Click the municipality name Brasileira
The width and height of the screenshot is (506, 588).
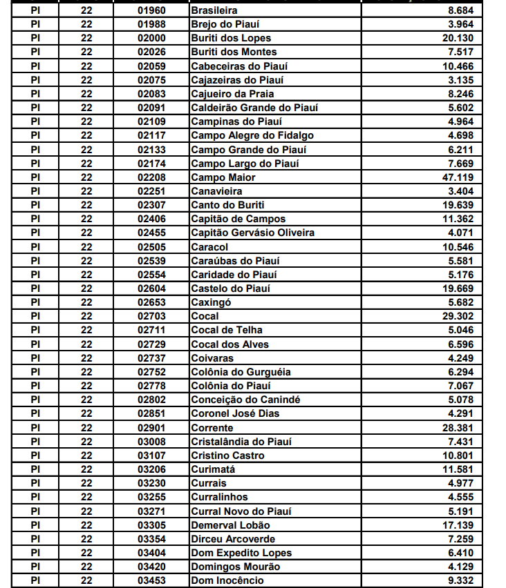(214, 10)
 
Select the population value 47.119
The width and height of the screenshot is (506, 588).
(458, 177)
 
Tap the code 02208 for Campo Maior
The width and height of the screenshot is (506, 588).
(151, 177)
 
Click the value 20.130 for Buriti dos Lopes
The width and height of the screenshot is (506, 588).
(458, 38)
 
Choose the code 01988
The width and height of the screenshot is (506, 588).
(151, 24)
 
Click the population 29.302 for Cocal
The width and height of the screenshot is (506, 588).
(458, 316)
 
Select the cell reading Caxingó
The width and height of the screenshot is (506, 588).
(211, 302)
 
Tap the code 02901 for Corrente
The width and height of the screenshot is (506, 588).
(151, 428)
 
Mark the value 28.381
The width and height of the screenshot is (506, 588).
(458, 428)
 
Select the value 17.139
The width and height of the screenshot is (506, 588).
(458, 525)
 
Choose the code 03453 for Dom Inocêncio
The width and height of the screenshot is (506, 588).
(151, 580)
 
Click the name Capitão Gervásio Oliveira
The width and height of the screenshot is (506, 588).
(252, 233)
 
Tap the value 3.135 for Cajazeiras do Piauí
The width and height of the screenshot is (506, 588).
(460, 80)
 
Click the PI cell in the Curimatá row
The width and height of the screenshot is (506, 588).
(35, 469)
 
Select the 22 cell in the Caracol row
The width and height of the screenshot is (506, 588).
(86, 246)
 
